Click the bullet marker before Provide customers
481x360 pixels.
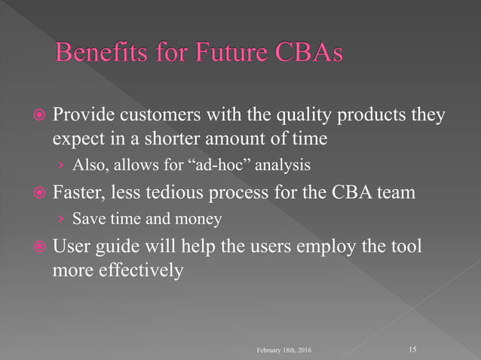38,117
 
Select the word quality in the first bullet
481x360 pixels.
300,116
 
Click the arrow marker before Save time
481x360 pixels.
60,219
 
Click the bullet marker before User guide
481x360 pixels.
38,248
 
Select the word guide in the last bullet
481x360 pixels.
117,247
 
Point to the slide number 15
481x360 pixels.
412,349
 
